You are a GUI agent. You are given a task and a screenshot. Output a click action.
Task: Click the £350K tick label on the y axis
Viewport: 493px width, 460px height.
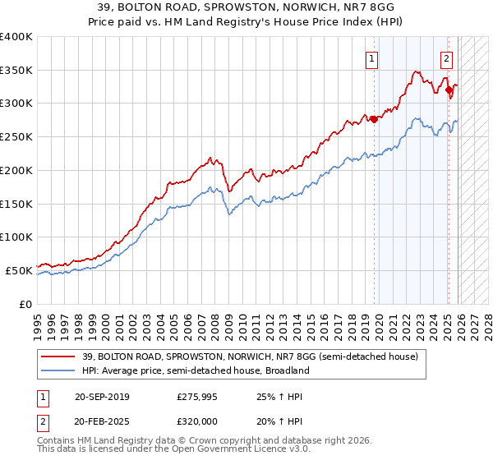point(16,71)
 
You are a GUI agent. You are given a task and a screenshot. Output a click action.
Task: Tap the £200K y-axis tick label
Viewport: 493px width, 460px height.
point(16,170)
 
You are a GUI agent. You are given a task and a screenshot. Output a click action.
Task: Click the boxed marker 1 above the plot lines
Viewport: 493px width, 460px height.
point(372,58)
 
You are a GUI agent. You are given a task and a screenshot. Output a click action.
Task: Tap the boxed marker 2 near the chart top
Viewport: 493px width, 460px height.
point(446,58)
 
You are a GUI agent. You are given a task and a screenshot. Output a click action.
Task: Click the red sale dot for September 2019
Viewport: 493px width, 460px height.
point(374,119)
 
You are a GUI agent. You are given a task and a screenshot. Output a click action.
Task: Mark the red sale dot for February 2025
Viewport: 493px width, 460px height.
point(449,90)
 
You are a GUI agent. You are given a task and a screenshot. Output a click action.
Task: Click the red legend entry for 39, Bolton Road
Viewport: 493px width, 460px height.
point(246,356)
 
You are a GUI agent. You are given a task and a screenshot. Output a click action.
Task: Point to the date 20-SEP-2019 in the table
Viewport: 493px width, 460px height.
point(101,398)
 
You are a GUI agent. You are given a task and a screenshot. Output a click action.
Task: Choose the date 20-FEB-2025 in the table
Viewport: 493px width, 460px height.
point(101,421)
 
